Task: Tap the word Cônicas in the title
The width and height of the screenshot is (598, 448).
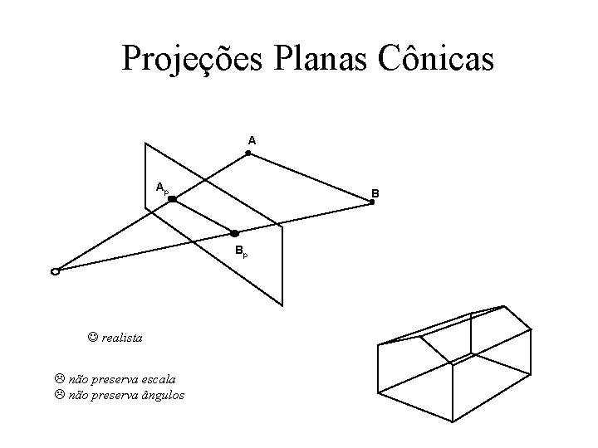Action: [x=439, y=59]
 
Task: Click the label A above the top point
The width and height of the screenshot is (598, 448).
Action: [x=252, y=141]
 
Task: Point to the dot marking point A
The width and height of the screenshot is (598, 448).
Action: [x=248, y=153]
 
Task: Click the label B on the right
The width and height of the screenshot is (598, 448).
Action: [x=375, y=193]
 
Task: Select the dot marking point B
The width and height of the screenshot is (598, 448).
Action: [x=372, y=202]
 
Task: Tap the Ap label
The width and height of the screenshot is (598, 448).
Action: [x=162, y=187]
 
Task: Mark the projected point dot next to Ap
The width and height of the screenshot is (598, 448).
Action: [x=173, y=199]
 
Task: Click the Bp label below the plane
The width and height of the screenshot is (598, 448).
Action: [x=239, y=250]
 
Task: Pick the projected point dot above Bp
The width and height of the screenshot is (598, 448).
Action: [x=234, y=233]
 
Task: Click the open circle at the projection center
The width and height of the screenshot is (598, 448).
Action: [x=55, y=270]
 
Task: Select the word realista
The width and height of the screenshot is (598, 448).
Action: [x=122, y=338]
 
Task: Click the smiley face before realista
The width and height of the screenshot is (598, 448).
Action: [x=93, y=338]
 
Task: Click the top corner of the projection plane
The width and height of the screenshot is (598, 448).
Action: [x=147, y=144]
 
